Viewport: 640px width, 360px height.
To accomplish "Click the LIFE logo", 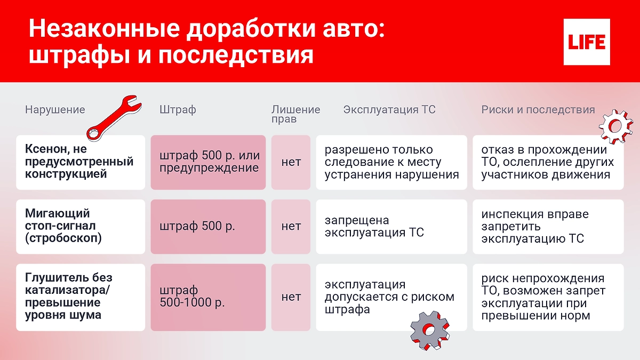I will pos(587,42).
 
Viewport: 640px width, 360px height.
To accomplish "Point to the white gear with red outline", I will pos(615,125).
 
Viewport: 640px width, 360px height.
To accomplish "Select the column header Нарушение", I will pos(55,110).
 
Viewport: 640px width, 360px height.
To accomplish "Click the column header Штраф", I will pos(178,110).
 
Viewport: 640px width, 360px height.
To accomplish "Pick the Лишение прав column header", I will pos(295,114).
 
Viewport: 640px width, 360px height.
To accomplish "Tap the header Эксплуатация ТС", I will pos(389,110).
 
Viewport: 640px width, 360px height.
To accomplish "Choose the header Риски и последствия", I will pos(538,110).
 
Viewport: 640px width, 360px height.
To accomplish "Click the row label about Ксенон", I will pos(79,162).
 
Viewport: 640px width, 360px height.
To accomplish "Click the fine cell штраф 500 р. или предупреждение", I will pos(209,162).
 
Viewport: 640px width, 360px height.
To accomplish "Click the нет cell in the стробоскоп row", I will pos(291,226).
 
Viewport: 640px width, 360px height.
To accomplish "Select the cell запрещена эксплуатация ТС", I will pos(374,226).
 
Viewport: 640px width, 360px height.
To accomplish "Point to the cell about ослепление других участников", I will pos(547,162).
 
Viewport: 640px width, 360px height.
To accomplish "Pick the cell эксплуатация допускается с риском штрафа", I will pos(389,297).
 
